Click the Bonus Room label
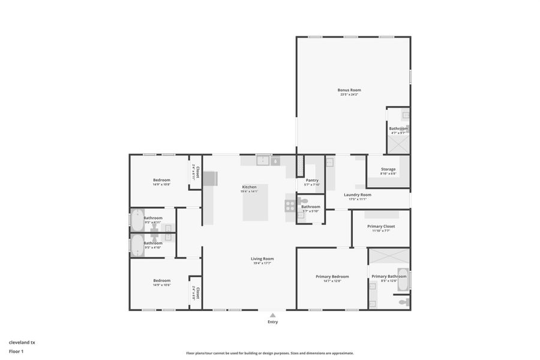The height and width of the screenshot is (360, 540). [x=349, y=90]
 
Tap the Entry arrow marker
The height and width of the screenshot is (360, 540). [x=272, y=315]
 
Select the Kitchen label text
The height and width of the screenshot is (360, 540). [x=249, y=187]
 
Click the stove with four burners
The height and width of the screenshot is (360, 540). [x=290, y=205]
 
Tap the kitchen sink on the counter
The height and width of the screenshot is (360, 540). [x=262, y=160]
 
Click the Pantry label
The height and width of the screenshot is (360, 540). [x=312, y=180]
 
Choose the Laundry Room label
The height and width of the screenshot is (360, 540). [x=357, y=194]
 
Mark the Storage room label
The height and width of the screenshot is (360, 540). [x=388, y=169]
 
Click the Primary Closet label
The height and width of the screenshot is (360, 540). [x=381, y=226]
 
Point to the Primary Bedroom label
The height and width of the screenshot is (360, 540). [x=332, y=277]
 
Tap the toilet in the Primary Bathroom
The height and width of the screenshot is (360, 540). [x=403, y=301]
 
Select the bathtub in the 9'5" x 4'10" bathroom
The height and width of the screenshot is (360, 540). [x=137, y=245]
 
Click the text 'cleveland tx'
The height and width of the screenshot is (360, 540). [x=22, y=342]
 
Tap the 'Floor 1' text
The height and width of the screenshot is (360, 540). [x=16, y=351]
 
